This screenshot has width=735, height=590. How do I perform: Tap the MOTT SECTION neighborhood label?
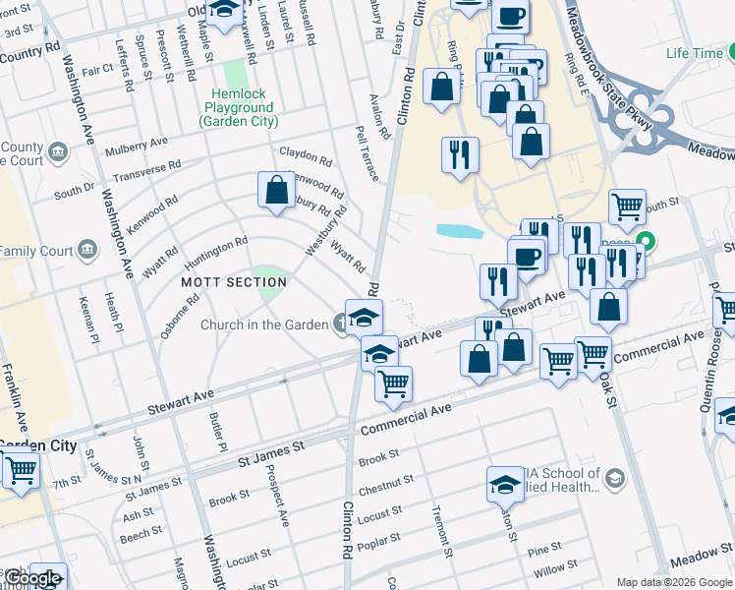[234, 282]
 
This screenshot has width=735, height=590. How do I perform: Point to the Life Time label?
[694, 53]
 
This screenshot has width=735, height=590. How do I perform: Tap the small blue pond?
[460, 232]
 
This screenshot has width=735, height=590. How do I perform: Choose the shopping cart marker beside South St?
[627, 206]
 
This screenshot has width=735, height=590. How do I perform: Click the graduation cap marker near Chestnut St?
[505, 483]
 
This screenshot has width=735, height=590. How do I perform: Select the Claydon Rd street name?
[306, 155]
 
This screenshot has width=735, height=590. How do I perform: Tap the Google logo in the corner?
[32, 578]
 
